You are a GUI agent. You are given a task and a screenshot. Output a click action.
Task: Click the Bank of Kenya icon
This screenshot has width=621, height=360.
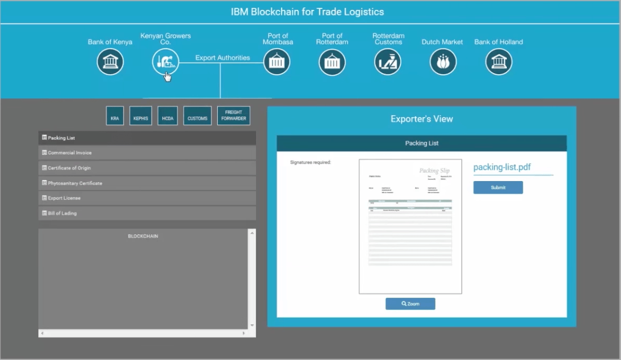click(x=110, y=62)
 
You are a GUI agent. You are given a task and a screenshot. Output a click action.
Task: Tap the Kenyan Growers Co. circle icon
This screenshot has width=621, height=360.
click(x=165, y=62)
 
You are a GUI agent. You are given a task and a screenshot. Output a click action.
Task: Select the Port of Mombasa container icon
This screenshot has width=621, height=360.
click(x=276, y=62)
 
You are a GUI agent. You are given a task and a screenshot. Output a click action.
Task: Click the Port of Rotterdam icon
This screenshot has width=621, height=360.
click(x=332, y=62)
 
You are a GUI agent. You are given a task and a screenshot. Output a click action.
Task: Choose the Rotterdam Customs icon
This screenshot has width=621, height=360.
click(x=387, y=62)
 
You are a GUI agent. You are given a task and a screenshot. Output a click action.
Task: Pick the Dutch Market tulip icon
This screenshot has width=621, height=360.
click(x=443, y=62)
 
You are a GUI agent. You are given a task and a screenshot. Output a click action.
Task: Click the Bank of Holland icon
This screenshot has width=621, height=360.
click(x=498, y=62)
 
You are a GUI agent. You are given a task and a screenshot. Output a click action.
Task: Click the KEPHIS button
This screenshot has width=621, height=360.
click(x=141, y=116)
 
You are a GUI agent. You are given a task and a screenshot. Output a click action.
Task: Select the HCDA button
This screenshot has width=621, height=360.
click(x=168, y=116)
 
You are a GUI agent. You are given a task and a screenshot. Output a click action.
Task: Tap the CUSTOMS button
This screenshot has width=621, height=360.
click(x=197, y=116)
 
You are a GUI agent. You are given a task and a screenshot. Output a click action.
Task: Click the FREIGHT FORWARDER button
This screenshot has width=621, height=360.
click(x=234, y=116)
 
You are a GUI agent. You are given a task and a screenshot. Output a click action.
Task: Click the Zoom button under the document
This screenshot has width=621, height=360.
click(x=410, y=303)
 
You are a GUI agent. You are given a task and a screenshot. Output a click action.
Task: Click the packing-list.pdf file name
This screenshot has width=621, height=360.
click(x=502, y=167)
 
